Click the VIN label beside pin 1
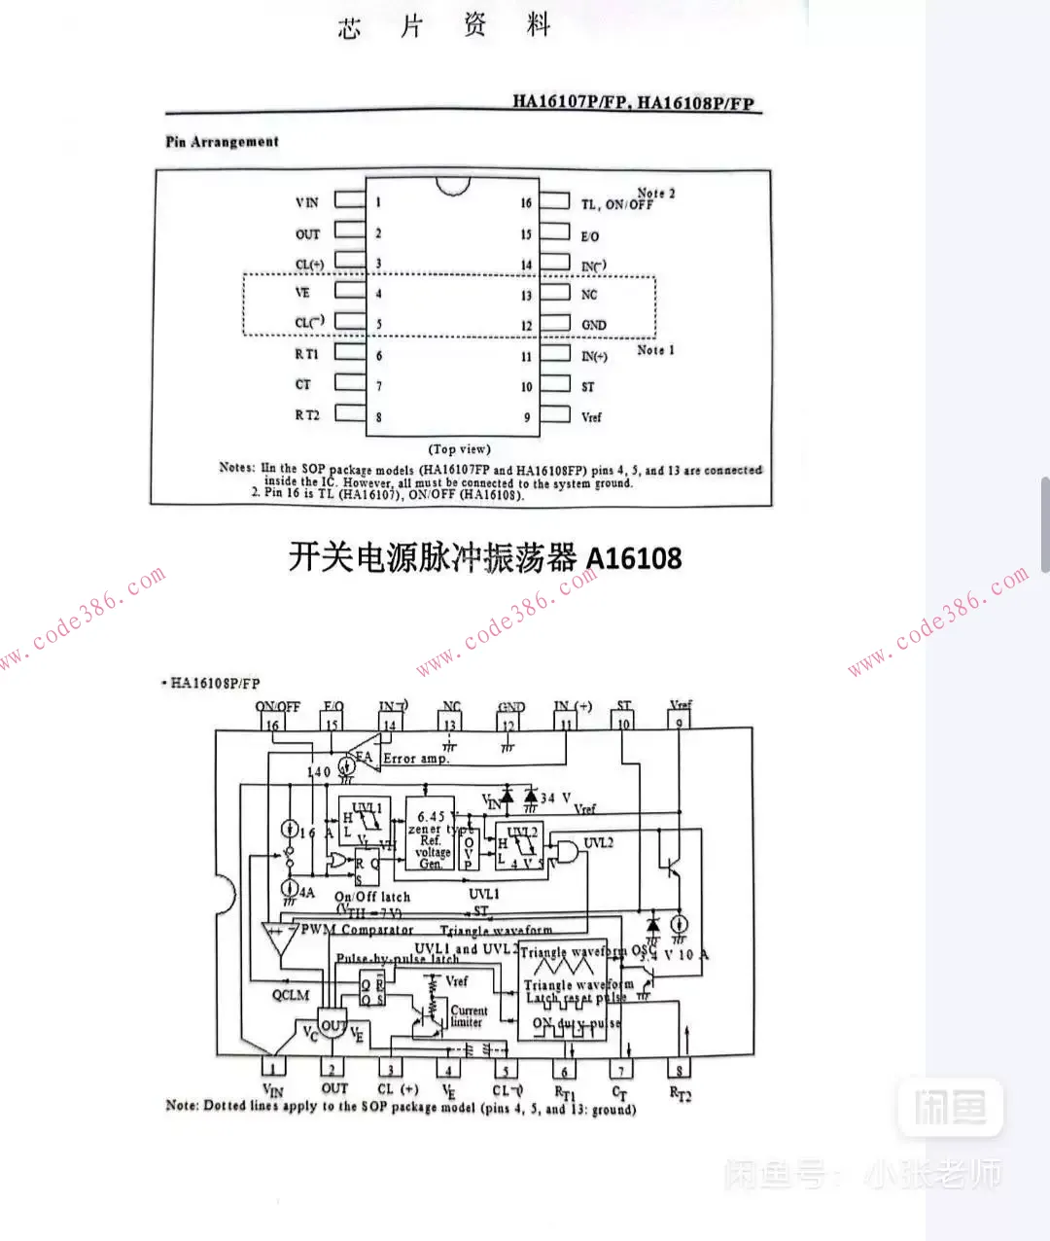click(306, 202)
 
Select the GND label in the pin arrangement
click(593, 325)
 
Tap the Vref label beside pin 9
click(591, 417)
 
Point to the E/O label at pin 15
click(590, 236)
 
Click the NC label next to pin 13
click(589, 295)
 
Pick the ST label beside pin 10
click(587, 386)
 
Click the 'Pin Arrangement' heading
click(222, 142)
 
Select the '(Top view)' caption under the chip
click(459, 449)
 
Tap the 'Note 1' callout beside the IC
click(655, 350)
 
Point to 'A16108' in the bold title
click(633, 559)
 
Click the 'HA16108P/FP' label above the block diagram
click(215, 683)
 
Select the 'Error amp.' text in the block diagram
click(416, 759)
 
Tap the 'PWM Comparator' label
click(357, 930)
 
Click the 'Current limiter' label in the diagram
click(469, 1016)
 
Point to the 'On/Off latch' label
click(372, 897)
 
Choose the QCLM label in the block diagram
click(291, 995)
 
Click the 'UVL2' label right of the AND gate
click(598, 842)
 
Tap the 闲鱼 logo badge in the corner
click(949, 1107)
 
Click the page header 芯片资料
click(444, 26)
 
